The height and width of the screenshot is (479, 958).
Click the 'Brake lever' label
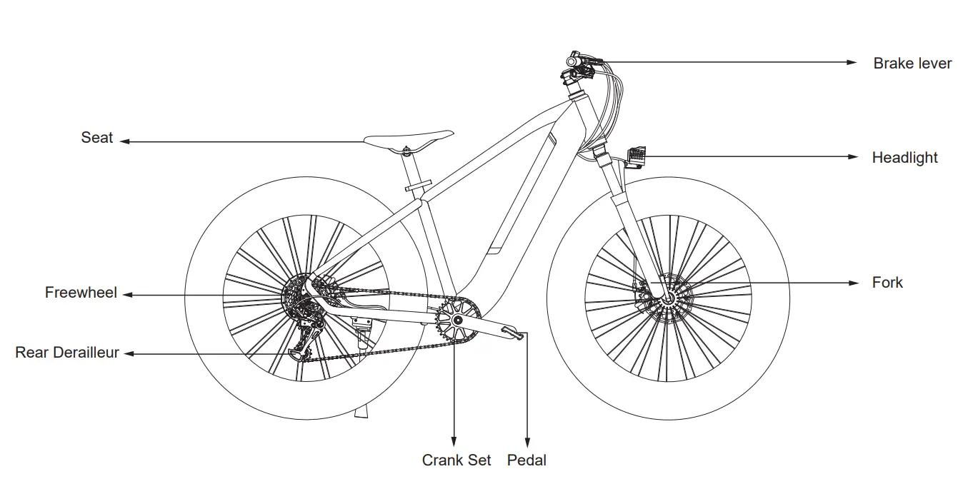(x=912, y=64)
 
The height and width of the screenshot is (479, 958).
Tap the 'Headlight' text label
(x=904, y=158)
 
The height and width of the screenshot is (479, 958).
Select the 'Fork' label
(x=887, y=283)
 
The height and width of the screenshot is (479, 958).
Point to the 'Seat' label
(x=97, y=138)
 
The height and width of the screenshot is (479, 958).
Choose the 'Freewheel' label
(x=81, y=293)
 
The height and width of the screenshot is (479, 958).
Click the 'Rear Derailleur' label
(x=67, y=353)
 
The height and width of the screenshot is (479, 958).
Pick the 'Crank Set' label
(x=456, y=460)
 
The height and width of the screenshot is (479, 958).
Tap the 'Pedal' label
(x=527, y=460)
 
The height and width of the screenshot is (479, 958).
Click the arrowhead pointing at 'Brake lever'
(x=852, y=63)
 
